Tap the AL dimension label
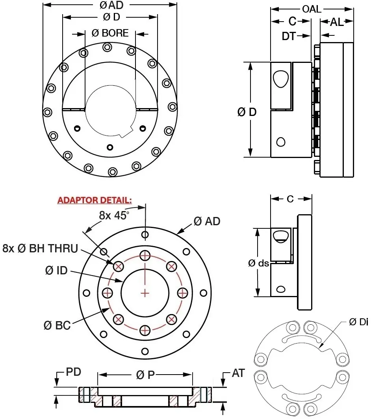337,22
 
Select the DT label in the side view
289,36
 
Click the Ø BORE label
110,33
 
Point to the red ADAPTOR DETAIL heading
95,200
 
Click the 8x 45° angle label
114,215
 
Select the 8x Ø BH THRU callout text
40,248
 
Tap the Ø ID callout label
56,270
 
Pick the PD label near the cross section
73,372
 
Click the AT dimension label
238,373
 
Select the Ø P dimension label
145,375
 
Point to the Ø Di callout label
358,322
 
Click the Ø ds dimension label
258,263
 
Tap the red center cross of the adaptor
145,293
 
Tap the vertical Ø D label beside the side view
247,112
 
